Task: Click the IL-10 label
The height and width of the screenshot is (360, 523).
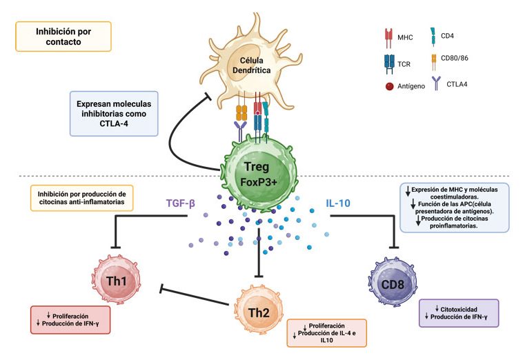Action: pos(341,203)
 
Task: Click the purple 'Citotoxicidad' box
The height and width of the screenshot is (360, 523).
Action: pos(458,312)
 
